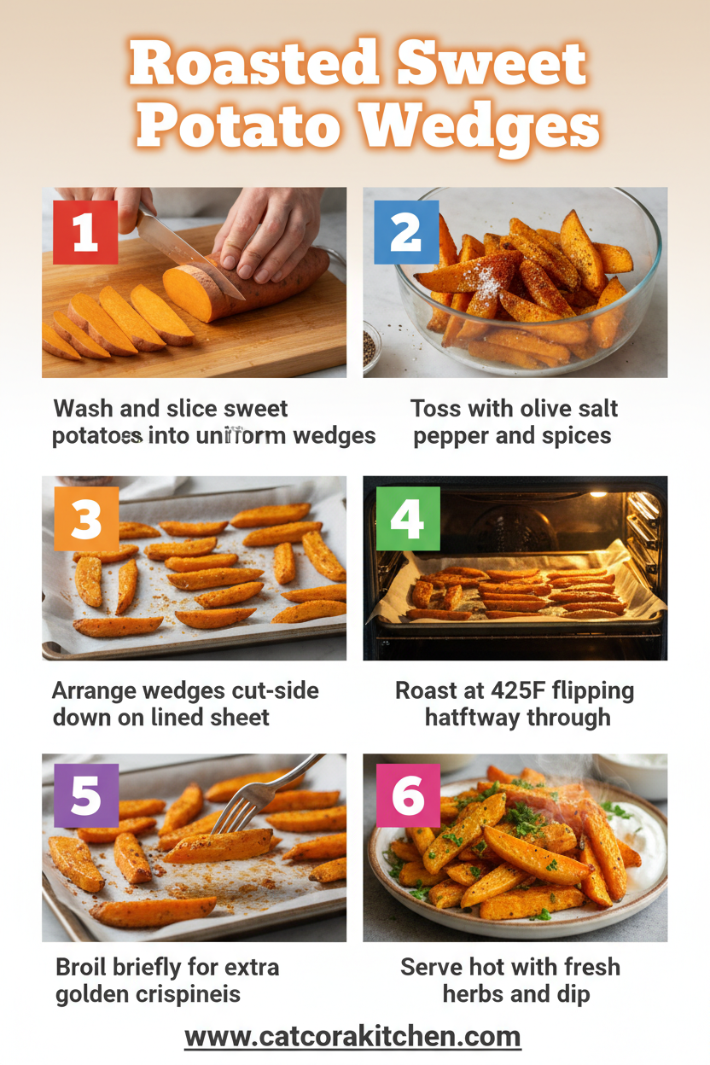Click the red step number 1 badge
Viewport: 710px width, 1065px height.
tap(85, 232)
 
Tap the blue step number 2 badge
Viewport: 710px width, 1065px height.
tap(406, 232)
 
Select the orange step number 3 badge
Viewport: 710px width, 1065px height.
tap(86, 519)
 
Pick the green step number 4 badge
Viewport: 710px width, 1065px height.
tap(407, 518)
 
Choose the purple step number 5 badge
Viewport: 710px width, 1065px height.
tap(86, 795)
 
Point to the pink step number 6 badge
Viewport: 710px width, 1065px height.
tap(408, 795)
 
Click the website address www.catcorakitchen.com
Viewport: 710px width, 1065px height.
tap(352, 1036)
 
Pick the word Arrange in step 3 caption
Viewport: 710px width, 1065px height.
tap(94, 690)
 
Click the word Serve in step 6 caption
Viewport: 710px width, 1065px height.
tap(435, 968)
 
